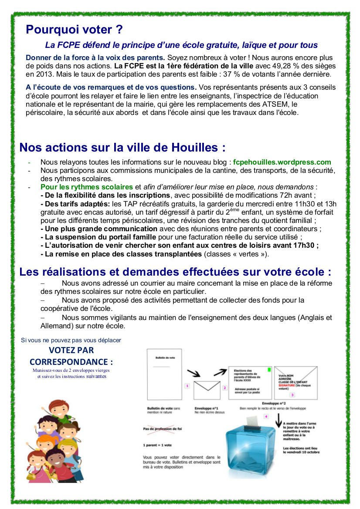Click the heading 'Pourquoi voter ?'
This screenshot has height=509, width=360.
click(74, 30)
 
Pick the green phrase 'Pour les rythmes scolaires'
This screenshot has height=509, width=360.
click(86, 187)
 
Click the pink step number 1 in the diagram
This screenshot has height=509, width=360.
click(187, 385)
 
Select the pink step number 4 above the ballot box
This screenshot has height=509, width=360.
click(266, 417)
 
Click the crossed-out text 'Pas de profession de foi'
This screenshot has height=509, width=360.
click(162, 429)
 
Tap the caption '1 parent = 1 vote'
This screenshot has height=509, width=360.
click(157, 445)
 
